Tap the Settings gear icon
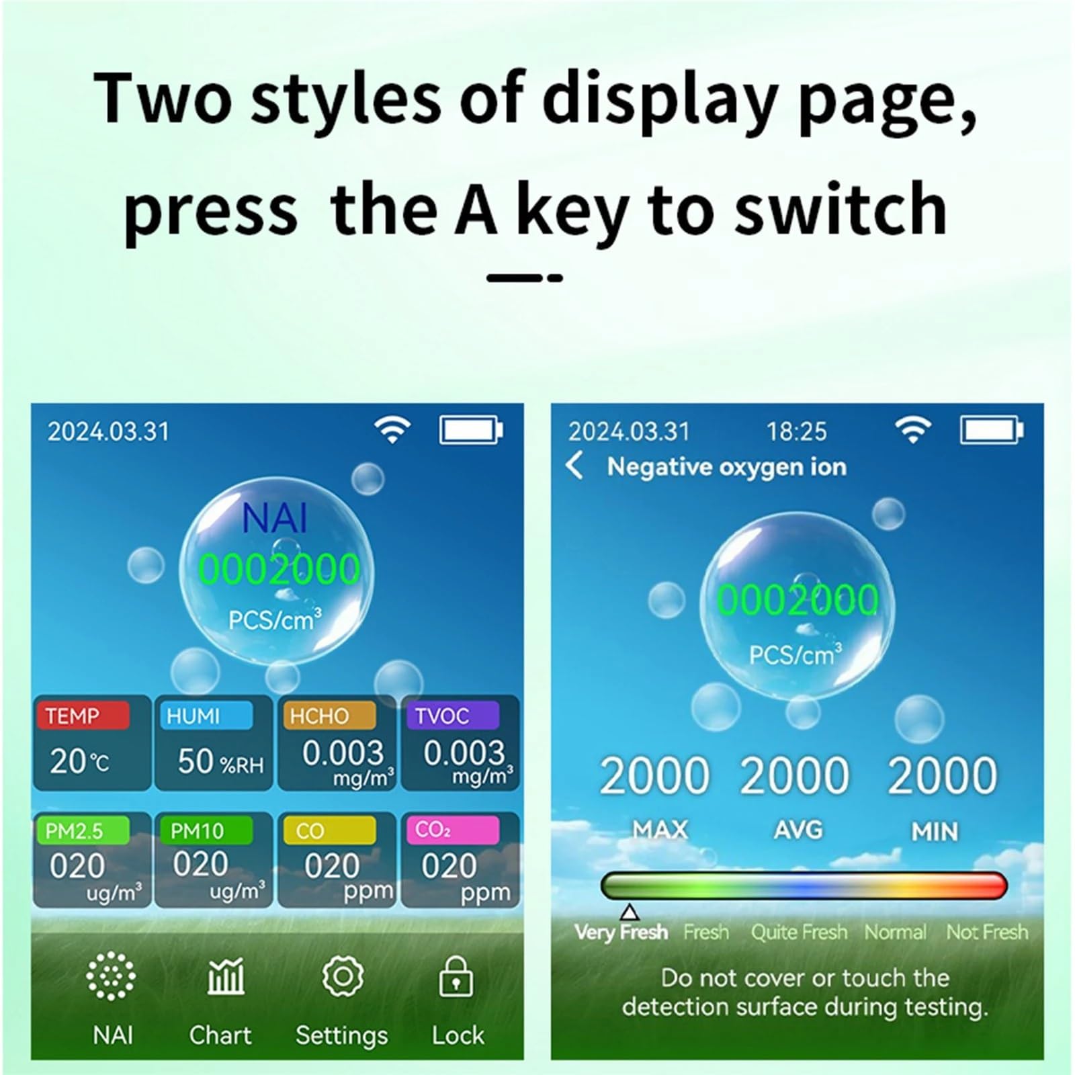coord(343,976)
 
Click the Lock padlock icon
coord(456,976)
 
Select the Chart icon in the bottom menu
coord(226,976)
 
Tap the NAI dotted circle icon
coord(111,976)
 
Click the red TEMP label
coord(83,716)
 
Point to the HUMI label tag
coord(205,716)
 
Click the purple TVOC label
coord(452,716)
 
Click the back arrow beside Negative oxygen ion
coord(574,465)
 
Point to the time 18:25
coord(797,431)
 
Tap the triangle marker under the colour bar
coord(630,912)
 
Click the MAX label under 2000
coord(660,830)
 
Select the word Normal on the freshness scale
coord(895,932)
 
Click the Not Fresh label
coord(987,932)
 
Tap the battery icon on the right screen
coord(992,430)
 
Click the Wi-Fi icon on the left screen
coord(392,429)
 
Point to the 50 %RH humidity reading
coord(220,762)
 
